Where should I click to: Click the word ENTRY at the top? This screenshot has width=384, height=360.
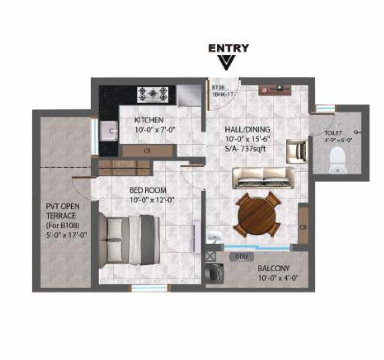coord(229,48)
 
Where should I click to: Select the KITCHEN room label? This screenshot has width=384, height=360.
coord(149,120)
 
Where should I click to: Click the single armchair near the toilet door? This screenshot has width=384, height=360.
coord(296,150)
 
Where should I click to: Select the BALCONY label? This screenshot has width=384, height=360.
coord(273,269)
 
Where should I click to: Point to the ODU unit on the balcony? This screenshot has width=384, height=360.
coord(241,256)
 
